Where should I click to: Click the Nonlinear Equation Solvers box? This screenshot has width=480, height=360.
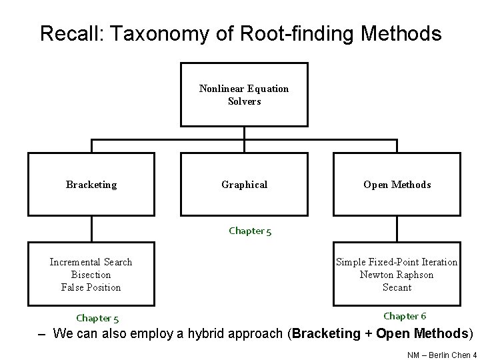pyautogui.click(x=244, y=95)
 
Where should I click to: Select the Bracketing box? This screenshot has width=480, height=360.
pyautogui.click(x=91, y=185)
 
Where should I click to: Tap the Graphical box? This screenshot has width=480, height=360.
pyautogui.click(x=244, y=185)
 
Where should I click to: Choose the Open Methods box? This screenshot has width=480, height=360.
pyautogui.click(x=397, y=185)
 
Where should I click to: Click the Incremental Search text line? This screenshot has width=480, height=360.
pyautogui.click(x=91, y=262)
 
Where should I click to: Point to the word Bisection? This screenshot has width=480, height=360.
pyautogui.click(x=91, y=275)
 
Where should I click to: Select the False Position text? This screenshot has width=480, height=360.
pyautogui.click(x=91, y=287)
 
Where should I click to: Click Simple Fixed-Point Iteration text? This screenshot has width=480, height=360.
pyautogui.click(x=397, y=262)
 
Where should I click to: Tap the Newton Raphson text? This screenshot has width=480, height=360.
pyautogui.click(x=397, y=275)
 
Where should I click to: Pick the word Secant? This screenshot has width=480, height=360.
pyautogui.click(x=397, y=287)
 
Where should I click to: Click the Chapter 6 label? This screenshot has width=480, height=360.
pyautogui.click(x=405, y=316)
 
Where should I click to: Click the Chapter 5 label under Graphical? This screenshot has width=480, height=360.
pyautogui.click(x=250, y=231)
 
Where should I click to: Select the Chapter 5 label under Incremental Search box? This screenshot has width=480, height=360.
pyautogui.click(x=97, y=318)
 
